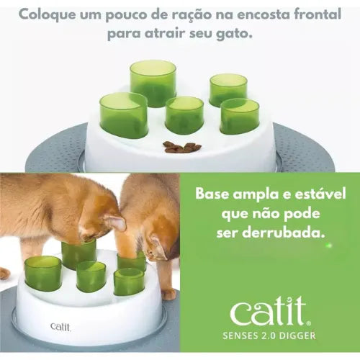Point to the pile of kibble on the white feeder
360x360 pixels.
(x=182, y=147)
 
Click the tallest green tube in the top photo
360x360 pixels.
(x=153, y=84)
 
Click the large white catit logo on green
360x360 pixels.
(x=268, y=311)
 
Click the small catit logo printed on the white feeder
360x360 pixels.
(x=61, y=327)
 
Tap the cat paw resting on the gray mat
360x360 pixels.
(x=169, y=294)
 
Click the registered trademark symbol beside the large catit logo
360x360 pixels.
(x=309, y=323)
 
